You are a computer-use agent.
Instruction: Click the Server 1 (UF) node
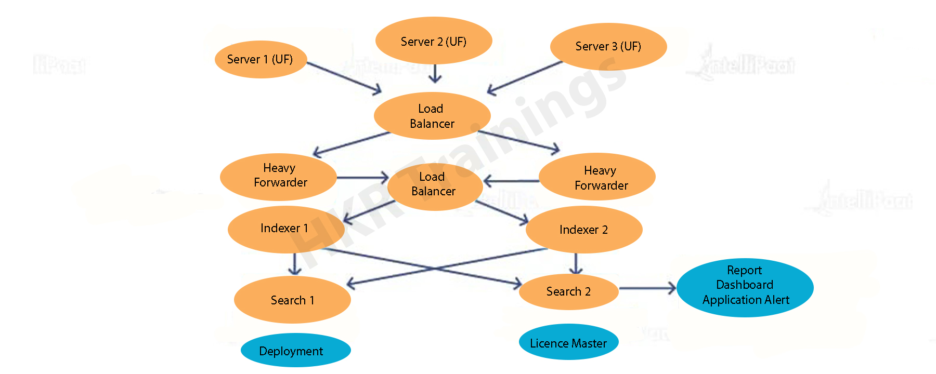(x=261, y=59)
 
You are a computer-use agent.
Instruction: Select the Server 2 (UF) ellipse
(x=434, y=41)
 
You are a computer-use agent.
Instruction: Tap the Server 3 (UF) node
(x=608, y=46)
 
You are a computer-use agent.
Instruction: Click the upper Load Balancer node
(x=432, y=116)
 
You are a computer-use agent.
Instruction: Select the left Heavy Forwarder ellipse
(x=279, y=177)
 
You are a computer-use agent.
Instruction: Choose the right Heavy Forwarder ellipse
(x=597, y=177)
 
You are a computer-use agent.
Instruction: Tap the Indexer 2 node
(x=584, y=230)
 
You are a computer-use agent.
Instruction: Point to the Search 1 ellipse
(x=292, y=300)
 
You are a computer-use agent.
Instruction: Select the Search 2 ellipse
(x=568, y=291)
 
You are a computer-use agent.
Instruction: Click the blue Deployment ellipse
(x=295, y=351)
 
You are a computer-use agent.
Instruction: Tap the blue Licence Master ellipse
(x=568, y=342)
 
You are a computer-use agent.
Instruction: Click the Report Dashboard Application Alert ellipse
(x=745, y=287)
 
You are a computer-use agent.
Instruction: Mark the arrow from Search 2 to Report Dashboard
(x=647, y=288)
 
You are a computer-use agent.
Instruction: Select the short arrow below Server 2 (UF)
(x=435, y=74)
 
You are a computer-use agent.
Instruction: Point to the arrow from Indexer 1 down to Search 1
(x=295, y=264)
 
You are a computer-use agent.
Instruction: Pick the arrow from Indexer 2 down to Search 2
(x=575, y=263)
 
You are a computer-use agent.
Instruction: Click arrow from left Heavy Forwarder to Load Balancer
(x=362, y=178)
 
